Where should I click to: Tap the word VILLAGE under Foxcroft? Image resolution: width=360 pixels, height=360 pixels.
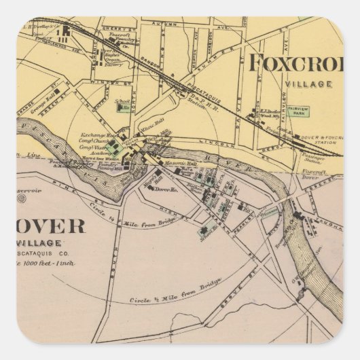(309, 85)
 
